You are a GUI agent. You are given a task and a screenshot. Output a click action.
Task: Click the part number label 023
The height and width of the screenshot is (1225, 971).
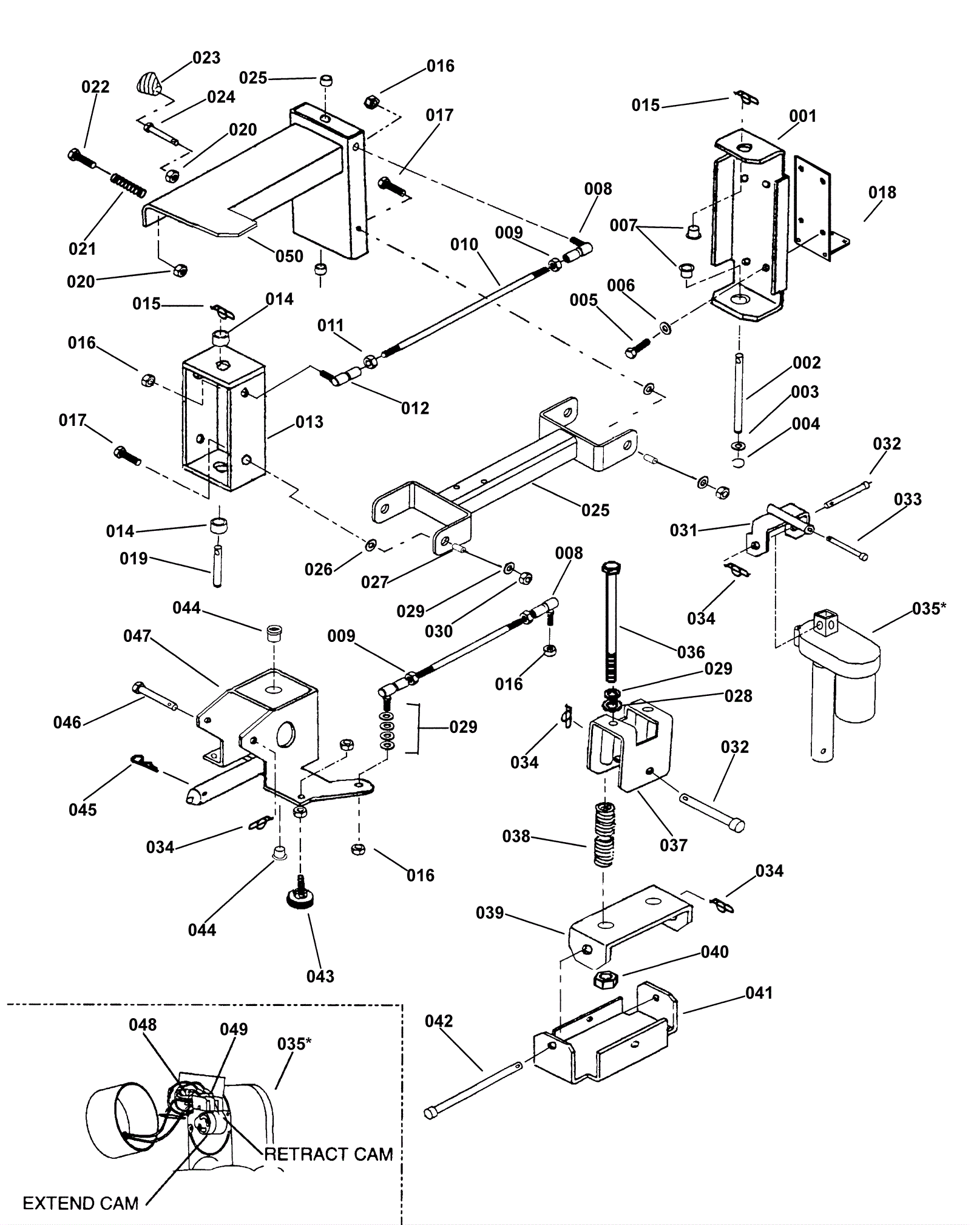pos(206,58)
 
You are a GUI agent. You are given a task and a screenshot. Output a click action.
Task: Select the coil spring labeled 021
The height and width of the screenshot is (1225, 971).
pos(128,183)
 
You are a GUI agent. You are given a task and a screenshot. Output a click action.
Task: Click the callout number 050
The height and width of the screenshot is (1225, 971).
pos(289,256)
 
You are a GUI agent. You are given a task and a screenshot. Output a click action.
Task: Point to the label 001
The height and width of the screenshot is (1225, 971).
pos(803,116)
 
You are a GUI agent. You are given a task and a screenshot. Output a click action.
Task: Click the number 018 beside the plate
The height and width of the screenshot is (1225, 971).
pos(882,193)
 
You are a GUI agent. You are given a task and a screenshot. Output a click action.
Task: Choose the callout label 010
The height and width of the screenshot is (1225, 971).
pos(464,245)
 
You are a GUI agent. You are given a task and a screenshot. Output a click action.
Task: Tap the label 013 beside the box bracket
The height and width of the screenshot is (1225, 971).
pos(310,422)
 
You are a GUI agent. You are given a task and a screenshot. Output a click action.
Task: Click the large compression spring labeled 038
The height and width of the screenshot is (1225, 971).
pos(603,834)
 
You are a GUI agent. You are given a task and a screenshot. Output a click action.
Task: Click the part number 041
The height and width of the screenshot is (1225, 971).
pos(759,993)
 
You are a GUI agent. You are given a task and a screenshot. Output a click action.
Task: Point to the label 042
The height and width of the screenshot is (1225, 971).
pos(439,1022)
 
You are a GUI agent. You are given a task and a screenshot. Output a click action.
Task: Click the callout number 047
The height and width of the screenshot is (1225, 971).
pos(137,636)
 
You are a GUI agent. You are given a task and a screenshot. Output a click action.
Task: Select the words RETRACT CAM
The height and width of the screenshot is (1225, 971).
pos(329,1154)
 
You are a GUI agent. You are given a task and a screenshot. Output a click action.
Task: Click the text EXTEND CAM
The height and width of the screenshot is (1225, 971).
pos(81,1203)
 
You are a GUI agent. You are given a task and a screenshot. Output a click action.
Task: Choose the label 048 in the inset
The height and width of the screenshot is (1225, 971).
pos(143,1025)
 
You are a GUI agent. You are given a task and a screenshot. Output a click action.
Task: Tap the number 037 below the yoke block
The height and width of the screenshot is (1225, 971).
pos(674,845)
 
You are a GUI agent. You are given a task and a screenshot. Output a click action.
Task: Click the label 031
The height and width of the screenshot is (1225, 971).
pos(684,530)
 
